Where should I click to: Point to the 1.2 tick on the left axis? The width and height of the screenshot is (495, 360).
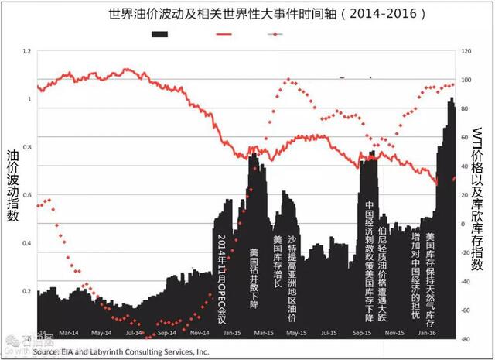[x=29, y=51]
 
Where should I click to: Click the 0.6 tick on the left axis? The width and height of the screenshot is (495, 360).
[x=29, y=195]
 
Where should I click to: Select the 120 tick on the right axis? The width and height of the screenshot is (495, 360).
[x=466, y=51]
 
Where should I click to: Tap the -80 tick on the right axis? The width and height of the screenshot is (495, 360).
[x=466, y=339]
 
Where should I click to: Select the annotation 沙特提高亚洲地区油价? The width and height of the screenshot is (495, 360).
[x=292, y=279]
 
